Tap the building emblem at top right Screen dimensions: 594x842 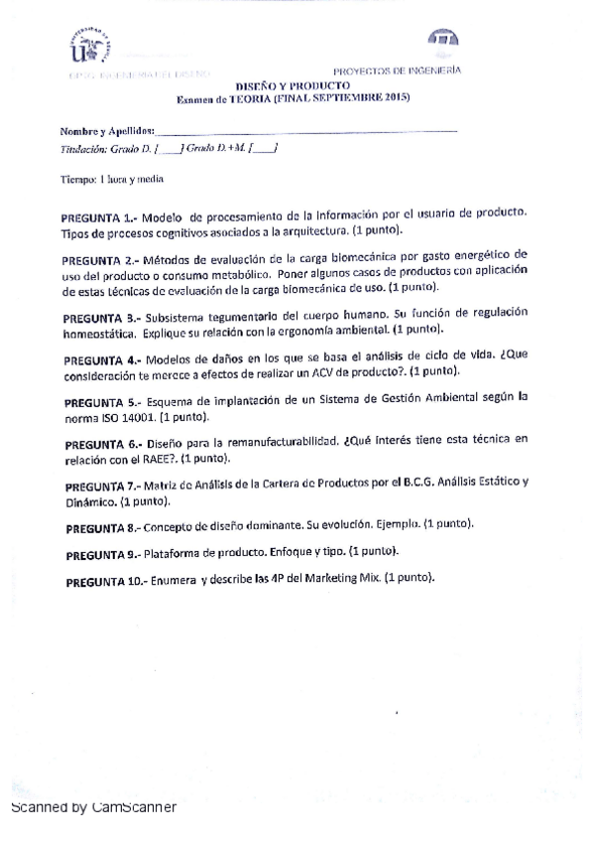(443, 38)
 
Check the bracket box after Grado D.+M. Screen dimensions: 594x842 (264, 148)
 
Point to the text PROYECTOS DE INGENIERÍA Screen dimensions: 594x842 (397, 71)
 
